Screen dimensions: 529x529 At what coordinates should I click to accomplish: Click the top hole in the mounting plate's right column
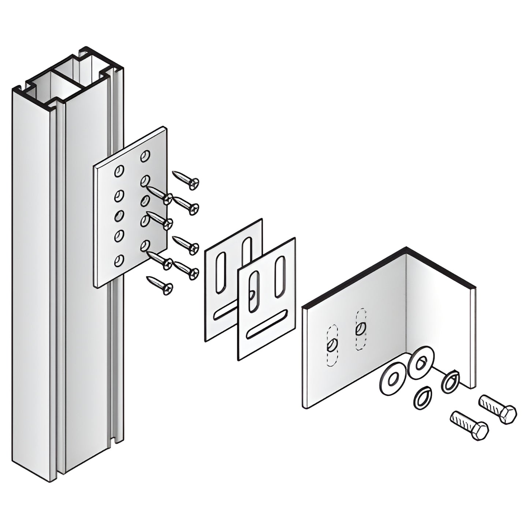tap(145, 156)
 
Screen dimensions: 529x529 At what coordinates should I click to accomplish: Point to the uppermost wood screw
tap(186, 180)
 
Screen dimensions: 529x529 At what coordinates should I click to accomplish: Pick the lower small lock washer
tap(422, 397)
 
